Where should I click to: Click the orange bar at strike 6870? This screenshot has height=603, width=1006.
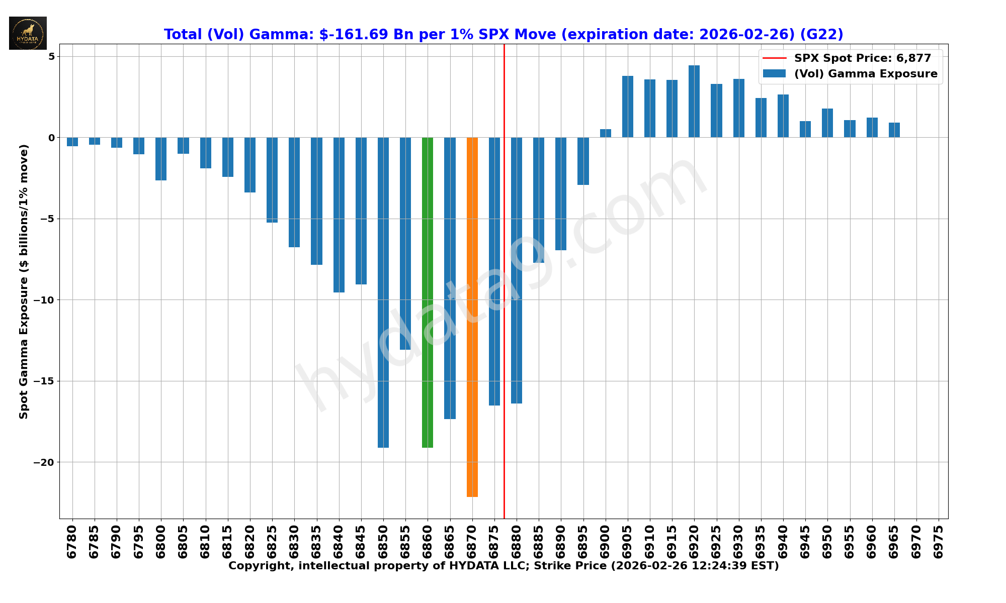click(x=472, y=317)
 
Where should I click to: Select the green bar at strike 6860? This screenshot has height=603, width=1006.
click(x=428, y=291)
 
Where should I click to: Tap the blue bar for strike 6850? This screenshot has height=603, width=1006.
click(x=383, y=291)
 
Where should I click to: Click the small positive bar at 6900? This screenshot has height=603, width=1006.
click(x=605, y=133)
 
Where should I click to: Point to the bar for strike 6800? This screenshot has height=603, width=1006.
click(x=161, y=159)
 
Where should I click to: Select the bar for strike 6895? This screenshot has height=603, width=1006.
click(x=583, y=161)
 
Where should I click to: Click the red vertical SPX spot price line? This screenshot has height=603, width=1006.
click(x=504, y=251)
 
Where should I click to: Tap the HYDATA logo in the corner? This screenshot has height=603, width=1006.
click(x=28, y=33)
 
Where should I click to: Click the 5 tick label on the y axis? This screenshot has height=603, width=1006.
click(x=51, y=56)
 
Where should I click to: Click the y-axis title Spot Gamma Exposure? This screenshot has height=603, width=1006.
click(x=24, y=281)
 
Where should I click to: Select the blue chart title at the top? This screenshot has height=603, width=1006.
click(x=504, y=34)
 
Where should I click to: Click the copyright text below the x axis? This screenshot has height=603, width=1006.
click(x=504, y=566)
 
